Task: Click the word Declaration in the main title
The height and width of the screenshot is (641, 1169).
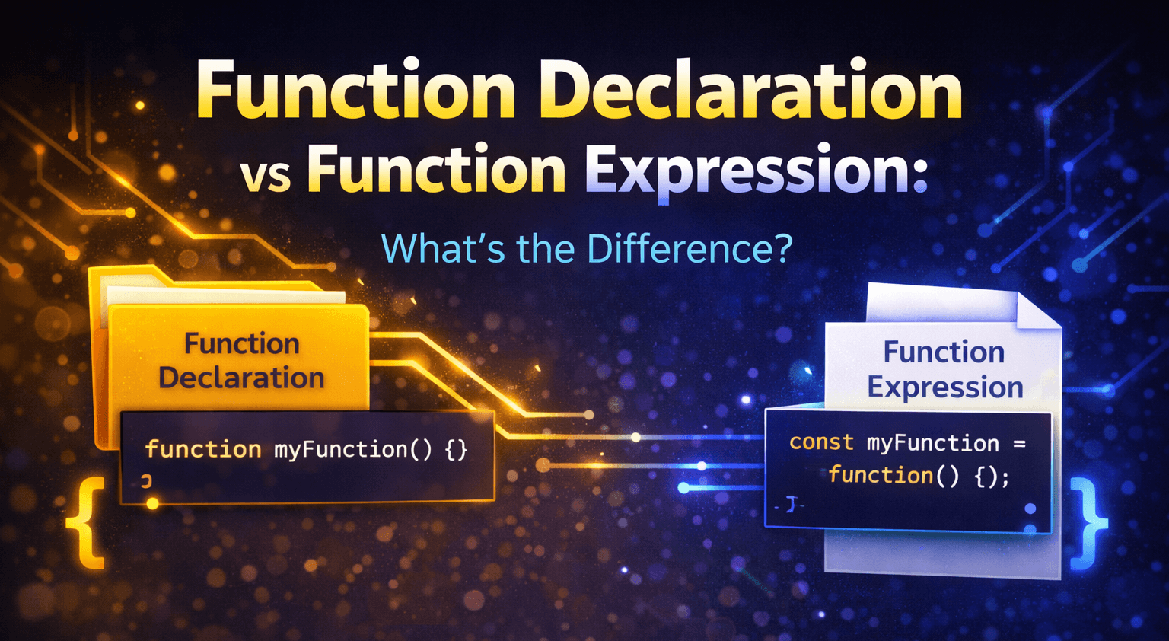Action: pos(754,91)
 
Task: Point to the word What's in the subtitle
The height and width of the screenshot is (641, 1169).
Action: pos(442,249)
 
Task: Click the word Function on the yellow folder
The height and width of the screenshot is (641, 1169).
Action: pos(241,344)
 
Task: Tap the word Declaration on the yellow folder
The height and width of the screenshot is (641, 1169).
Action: pos(241,378)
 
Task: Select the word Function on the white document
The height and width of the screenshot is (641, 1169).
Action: pos(944,352)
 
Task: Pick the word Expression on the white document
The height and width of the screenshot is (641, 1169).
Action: pos(945,387)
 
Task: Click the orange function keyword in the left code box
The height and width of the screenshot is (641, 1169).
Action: pos(203,449)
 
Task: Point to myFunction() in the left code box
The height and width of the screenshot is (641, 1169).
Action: pos(352,449)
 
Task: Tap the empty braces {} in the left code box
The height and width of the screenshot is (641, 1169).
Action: pos(456,449)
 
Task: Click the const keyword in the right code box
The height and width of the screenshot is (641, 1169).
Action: pos(821,442)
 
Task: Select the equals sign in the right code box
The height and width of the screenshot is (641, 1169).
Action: pos(1019,443)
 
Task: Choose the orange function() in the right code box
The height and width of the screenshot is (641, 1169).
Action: pos(893,476)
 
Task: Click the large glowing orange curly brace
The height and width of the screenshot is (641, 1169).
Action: pos(88,523)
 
